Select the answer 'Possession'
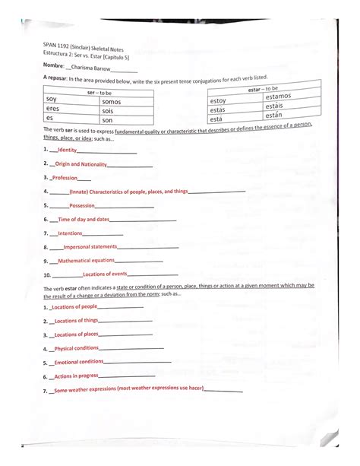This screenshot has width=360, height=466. (x=82, y=205)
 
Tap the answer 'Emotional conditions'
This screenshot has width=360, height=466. (x=79, y=362)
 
